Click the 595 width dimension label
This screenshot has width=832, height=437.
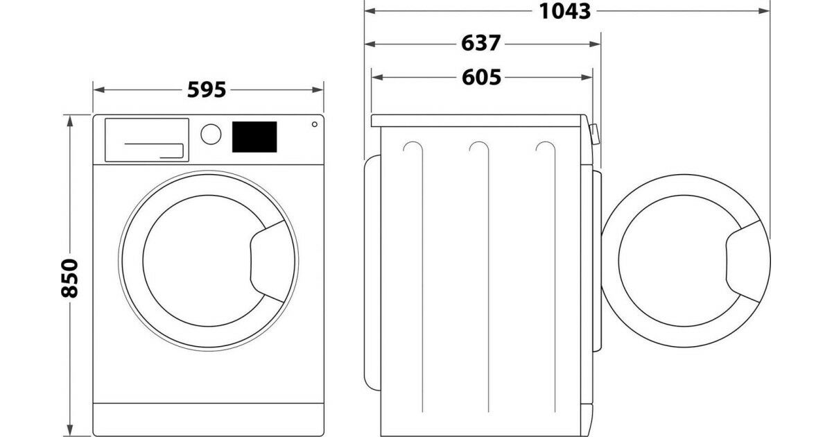[207, 90]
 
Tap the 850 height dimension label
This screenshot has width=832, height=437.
[70, 278]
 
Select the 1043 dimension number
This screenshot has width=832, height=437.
[564, 11]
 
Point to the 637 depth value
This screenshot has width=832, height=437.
[480, 44]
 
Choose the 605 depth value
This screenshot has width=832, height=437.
[481, 77]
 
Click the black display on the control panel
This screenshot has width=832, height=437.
[254, 137]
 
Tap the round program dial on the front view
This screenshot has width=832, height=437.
[211, 134]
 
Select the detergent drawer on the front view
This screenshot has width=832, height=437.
[147, 140]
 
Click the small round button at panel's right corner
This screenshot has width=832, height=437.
[315, 124]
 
